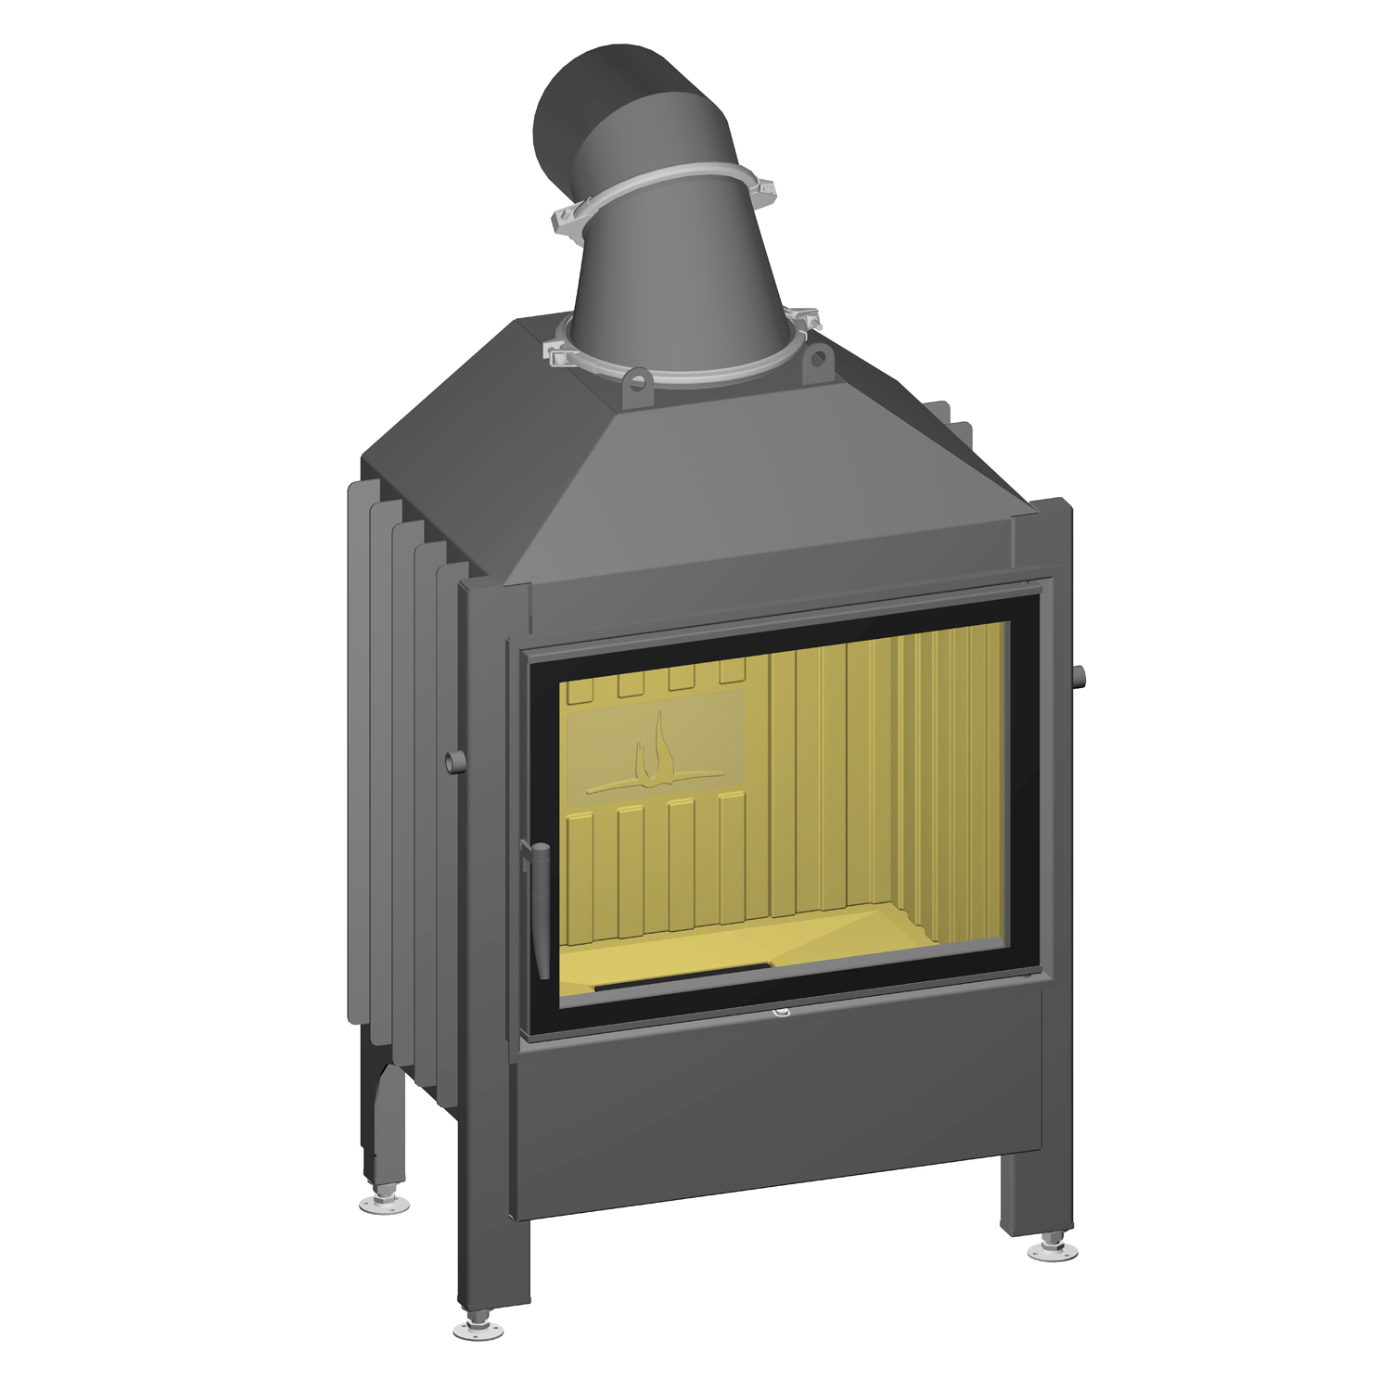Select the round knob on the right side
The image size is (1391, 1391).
(x=1078, y=678)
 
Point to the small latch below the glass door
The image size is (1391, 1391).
(x=781, y=1014)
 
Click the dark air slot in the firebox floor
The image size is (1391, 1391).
(x=682, y=976)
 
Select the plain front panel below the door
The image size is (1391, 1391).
(x=779, y=1104)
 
